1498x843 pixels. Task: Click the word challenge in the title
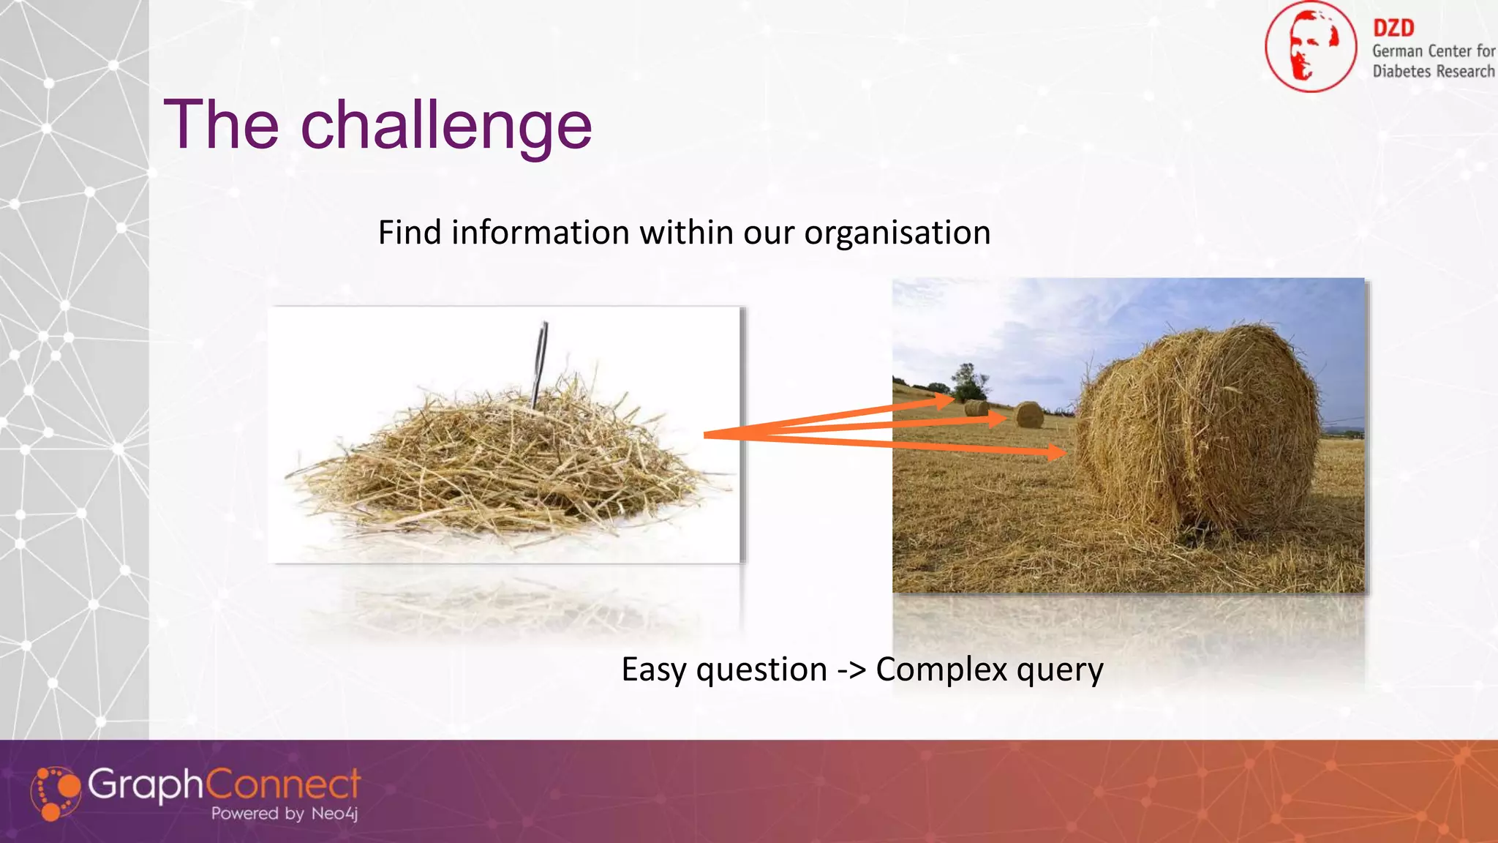446,126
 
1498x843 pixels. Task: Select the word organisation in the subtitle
897,233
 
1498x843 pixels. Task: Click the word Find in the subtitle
410,233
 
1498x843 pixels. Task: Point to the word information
540,233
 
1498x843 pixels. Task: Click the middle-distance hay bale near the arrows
1029,414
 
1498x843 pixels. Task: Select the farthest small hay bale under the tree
976,408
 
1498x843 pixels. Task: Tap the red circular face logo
1310,47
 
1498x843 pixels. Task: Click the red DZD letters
1393,28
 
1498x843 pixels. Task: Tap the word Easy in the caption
654,669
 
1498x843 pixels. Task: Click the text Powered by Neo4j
284,813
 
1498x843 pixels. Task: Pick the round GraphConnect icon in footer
56,793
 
